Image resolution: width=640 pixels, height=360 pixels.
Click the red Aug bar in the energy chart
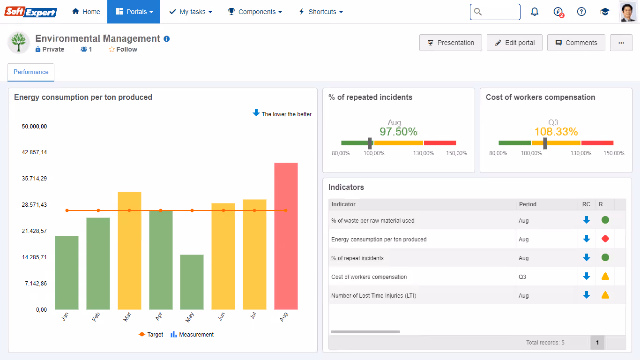[286, 236]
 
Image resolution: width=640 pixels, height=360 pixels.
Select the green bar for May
[192, 282]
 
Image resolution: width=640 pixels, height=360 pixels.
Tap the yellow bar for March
[129, 251]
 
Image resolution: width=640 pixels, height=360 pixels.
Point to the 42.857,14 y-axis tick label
[34, 152]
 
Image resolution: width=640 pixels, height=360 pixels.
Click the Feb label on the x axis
[96, 317]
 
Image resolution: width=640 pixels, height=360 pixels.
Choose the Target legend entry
[150, 335]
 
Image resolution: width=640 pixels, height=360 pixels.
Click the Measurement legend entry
[192, 335]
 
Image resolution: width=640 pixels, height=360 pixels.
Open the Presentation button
[451, 43]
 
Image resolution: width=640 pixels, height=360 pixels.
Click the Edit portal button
[514, 43]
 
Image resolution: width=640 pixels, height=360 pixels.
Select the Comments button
[576, 43]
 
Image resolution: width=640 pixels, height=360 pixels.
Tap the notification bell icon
[535, 12]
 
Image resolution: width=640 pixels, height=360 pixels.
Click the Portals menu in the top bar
[134, 12]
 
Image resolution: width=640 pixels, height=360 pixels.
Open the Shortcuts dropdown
[320, 12]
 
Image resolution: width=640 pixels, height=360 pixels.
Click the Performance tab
[31, 72]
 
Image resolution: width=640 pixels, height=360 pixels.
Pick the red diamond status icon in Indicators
[605, 239]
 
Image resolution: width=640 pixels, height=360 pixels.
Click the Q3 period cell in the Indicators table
[522, 277]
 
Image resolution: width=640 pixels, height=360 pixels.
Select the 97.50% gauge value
[398, 132]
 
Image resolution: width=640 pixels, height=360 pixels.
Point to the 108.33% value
[556, 132]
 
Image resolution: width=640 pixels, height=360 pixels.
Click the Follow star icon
[112, 50]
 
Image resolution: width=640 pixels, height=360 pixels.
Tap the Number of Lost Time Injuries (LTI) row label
[374, 296]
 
